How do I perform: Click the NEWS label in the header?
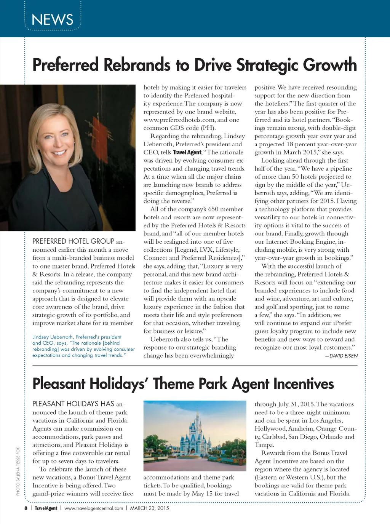click(x=53, y=20)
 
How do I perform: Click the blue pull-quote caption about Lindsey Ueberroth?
click(x=83, y=346)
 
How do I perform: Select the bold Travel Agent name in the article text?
click(x=187, y=152)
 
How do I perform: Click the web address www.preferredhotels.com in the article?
click(x=179, y=120)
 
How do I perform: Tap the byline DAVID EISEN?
click(x=341, y=356)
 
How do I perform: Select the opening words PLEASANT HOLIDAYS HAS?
click(x=73, y=404)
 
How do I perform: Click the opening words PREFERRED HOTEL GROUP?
click(x=73, y=241)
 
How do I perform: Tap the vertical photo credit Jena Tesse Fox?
click(x=18, y=471)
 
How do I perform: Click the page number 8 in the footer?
click(x=26, y=508)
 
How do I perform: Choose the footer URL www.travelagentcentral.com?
click(x=94, y=508)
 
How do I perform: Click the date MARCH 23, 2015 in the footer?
click(x=149, y=508)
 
